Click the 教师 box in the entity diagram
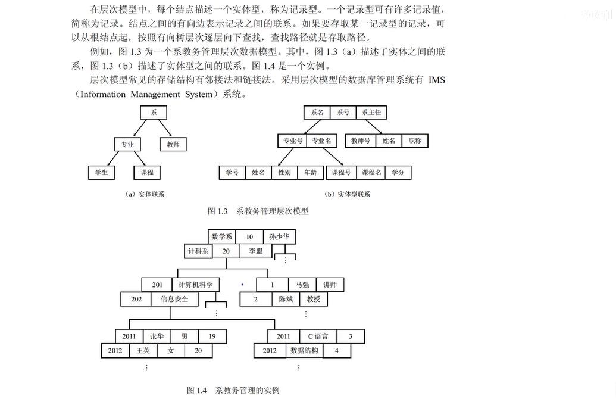tap(173, 144)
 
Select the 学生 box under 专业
tap(101, 173)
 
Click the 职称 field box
tap(415, 141)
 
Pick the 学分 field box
tap(398, 173)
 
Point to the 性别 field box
tap(284, 173)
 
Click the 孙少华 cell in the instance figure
tap(279, 236)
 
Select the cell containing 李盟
tap(255, 251)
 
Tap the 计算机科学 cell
tap(195, 285)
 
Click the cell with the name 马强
tap(302, 285)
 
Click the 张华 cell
tap(157, 336)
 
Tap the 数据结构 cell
tap(304, 351)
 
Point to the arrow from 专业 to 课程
tap(139, 158)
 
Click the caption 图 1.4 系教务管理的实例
tap(233, 391)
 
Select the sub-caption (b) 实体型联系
tap(348, 194)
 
